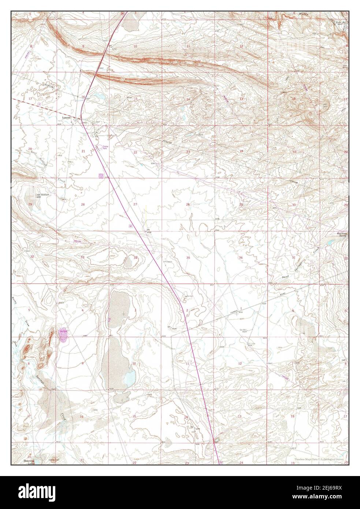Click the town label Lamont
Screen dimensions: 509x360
tap(66, 118)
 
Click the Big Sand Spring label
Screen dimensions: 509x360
tap(342, 235)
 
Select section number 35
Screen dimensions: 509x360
tap(188, 258)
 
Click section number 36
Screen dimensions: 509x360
tap(241, 258)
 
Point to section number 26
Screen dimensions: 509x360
tap(188, 204)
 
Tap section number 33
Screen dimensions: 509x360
tap(83, 257)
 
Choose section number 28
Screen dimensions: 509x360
tap(83, 204)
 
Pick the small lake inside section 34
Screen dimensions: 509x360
tap(129, 262)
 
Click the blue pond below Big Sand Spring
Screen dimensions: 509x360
tap(330, 242)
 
